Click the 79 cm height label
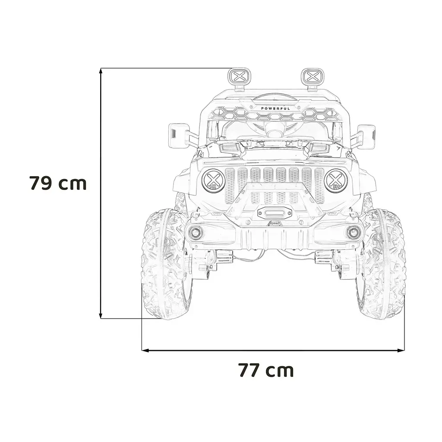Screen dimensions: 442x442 [58, 183]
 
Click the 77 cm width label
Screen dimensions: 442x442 [266, 370]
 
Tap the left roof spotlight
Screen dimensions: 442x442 [240, 77]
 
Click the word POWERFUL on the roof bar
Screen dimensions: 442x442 [275, 109]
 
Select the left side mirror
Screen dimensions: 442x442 [178, 136]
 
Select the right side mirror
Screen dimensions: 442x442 [366, 136]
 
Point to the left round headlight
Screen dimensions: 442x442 [214, 181]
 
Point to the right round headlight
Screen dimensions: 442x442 [336, 181]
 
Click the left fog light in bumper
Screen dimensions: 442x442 [196, 233]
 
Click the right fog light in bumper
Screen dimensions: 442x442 [353, 232]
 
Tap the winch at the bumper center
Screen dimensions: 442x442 [275, 212]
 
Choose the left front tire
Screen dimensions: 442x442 [166, 264]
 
